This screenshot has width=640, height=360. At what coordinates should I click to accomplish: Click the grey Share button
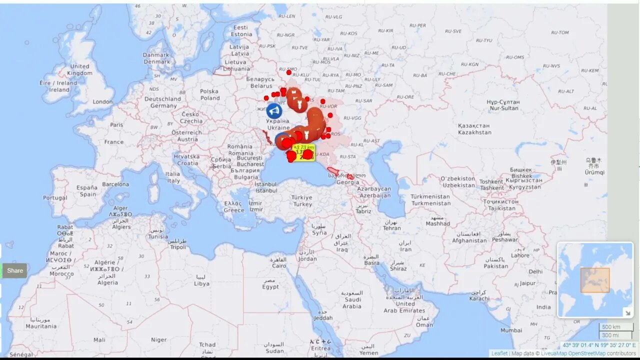click(x=14, y=270)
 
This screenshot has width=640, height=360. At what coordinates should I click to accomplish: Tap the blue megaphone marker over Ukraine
click(x=273, y=110)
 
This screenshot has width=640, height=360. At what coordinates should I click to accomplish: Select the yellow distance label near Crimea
click(x=304, y=152)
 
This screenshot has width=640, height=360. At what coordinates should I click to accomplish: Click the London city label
click(x=102, y=102)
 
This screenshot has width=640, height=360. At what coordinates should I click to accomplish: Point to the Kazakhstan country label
click(x=474, y=129)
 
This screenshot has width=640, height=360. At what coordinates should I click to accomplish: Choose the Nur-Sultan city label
click(x=503, y=105)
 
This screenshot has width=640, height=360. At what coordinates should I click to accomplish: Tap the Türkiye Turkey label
click(x=302, y=200)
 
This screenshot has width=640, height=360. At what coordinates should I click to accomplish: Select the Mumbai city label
click(x=511, y=330)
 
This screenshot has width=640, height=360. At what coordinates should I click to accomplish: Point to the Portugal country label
click(x=55, y=198)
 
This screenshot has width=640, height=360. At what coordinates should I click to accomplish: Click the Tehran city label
click(x=391, y=225)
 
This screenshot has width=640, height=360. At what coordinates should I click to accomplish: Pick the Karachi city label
click(x=479, y=295)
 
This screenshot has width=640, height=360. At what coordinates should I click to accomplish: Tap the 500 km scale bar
click(x=611, y=327)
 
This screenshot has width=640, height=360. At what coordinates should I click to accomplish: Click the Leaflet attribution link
click(x=499, y=353)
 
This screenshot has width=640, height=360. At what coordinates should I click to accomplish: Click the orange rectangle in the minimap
click(x=595, y=280)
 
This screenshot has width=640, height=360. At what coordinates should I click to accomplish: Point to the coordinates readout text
click(x=599, y=345)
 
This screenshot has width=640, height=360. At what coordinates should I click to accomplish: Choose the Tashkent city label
click(x=491, y=185)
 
